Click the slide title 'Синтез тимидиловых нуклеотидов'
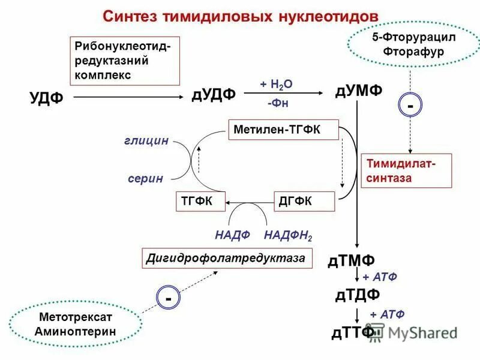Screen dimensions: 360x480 pos(240,16)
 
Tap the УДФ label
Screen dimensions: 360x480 pos(46,98)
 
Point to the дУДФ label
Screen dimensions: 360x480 pos(214,95)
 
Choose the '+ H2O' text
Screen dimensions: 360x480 pos(276,83)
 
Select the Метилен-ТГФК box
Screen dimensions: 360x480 pos(283,130)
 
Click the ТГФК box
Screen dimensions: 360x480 pos(199,202)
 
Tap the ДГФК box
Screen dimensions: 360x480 pos(304,202)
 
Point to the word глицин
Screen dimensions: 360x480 pos(146,140)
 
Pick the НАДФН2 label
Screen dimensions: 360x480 pos(288,235)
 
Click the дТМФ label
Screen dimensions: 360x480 pos(352,260)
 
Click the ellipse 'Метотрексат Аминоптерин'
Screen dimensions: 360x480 pos(76,323)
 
